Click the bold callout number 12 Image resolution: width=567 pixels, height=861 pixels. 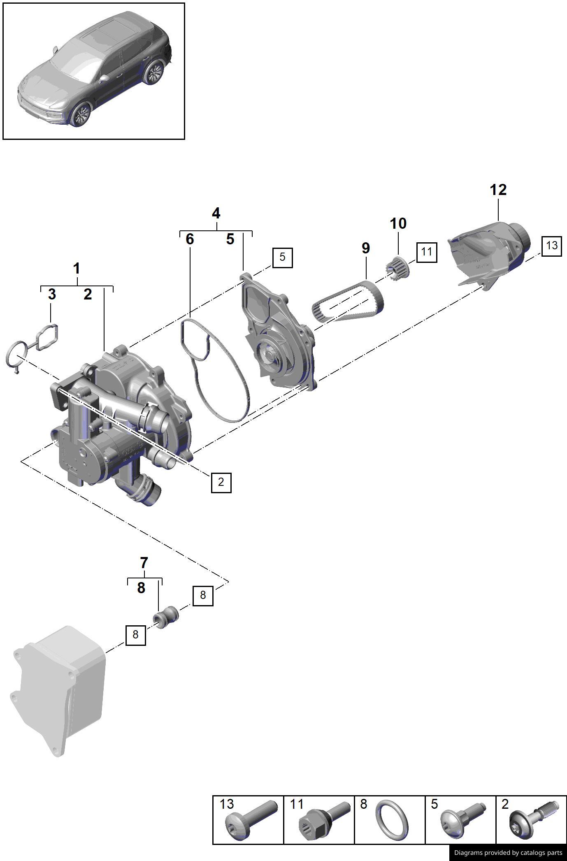coord(498,190)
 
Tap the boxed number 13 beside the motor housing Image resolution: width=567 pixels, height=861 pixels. coord(551,246)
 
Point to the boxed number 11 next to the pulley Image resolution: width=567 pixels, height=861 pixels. coord(426,252)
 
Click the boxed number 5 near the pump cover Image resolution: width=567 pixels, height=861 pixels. coord(282,258)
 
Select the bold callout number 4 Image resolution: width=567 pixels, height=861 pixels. coord(216,214)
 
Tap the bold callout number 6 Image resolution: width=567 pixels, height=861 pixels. coord(190,239)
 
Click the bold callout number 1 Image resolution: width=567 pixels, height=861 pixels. coord(77,269)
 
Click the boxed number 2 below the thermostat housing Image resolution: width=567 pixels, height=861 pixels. coord(221,482)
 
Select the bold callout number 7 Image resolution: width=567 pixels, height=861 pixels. coord(144,562)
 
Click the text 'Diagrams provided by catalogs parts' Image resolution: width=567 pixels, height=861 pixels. coord(508,852)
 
